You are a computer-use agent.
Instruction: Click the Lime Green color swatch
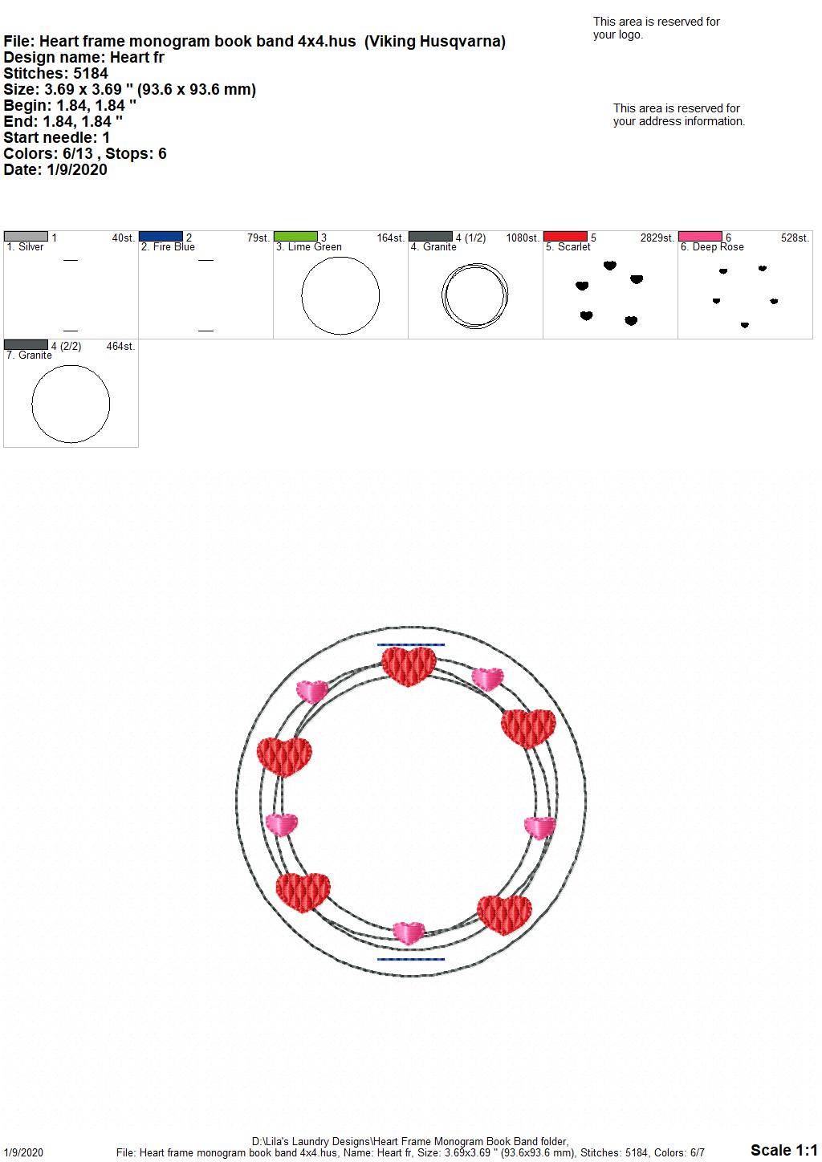(x=295, y=237)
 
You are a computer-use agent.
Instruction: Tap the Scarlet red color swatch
(x=565, y=237)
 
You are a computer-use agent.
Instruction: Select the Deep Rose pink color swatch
(x=700, y=237)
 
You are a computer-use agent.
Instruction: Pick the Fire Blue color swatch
(x=161, y=237)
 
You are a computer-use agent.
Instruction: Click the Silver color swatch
(x=26, y=237)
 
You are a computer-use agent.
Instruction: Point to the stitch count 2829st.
(x=657, y=238)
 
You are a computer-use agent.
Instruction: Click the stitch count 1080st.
(x=523, y=238)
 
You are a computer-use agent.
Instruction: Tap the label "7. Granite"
(x=29, y=355)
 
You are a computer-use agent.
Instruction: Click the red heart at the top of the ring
(x=409, y=666)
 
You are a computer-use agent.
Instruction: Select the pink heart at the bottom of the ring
(x=409, y=932)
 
